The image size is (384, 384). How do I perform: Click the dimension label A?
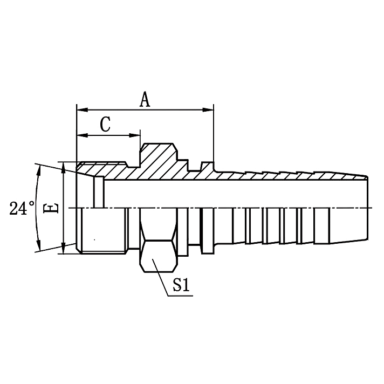tap(145, 99)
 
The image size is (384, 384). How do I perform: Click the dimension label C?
tap(106, 125)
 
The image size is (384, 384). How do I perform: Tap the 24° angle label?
tap(22, 208)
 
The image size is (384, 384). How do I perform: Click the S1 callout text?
tap(181, 285)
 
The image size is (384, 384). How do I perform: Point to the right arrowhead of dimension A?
tap(209, 109)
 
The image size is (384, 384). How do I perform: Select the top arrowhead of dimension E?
tap(64, 167)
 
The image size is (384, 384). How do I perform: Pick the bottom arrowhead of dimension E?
tap(64, 249)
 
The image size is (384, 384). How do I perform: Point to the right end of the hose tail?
tap(367, 208)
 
